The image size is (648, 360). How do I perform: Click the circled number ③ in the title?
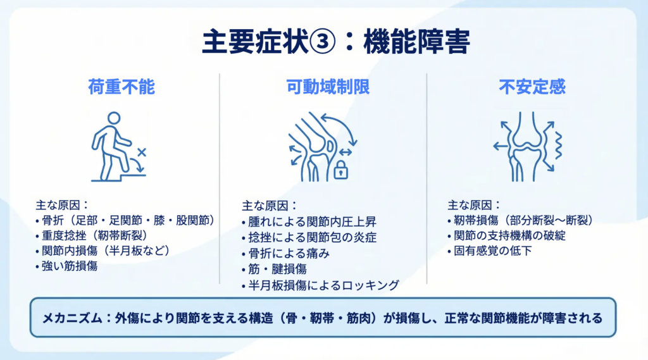pyautogui.click(x=322, y=42)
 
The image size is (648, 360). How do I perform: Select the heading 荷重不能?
pyautogui.click(x=121, y=87)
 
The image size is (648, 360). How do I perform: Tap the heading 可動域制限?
pyautogui.click(x=328, y=87)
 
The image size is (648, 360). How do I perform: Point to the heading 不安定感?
pyautogui.click(x=532, y=87)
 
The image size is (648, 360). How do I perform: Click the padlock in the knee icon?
pyautogui.click(x=340, y=170)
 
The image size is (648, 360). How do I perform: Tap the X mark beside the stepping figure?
pyautogui.click(x=142, y=152)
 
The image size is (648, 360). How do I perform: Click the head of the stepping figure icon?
pyautogui.click(x=114, y=118)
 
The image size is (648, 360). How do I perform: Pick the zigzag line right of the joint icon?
pyautogui.click(x=558, y=146)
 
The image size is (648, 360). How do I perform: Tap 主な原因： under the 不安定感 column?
pyautogui.click(x=474, y=205)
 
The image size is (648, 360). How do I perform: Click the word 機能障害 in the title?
pyautogui.click(x=416, y=42)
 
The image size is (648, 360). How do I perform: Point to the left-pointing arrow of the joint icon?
pyautogui.click(x=501, y=146)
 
